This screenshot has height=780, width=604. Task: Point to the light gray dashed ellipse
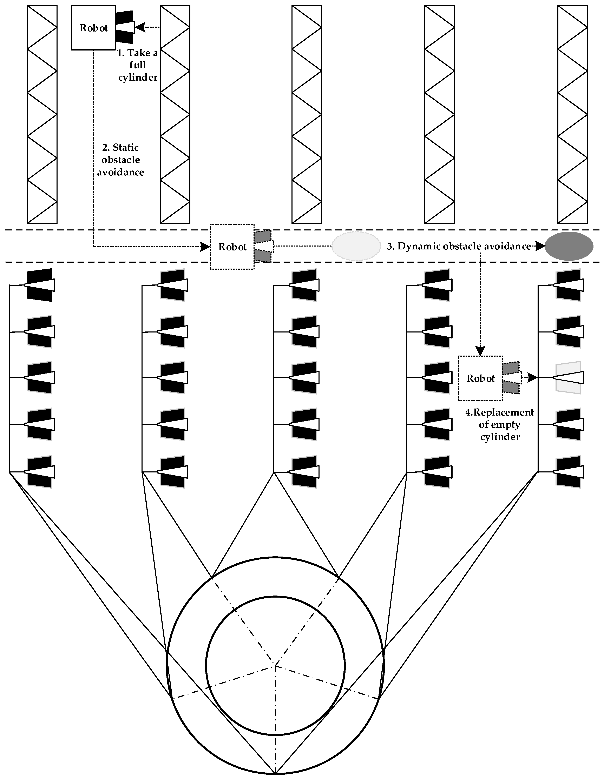click(356, 246)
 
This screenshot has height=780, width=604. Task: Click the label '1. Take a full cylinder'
click(138, 65)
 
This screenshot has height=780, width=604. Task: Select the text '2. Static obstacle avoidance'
click(120, 160)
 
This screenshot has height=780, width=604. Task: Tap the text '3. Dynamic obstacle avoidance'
click(459, 246)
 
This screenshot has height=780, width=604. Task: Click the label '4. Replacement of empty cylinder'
click(499, 425)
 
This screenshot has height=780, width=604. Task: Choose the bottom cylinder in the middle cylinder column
click(304, 472)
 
